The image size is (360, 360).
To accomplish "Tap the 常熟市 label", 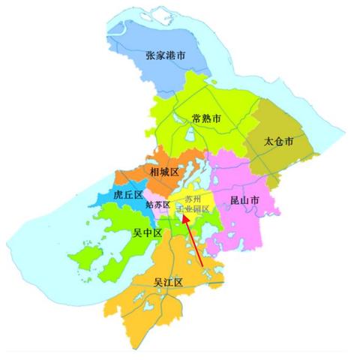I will pos(206,118).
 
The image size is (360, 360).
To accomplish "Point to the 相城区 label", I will pos(163,172).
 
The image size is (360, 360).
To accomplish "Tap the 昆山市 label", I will pos(244,200).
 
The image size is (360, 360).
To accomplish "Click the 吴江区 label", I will pos(169,282).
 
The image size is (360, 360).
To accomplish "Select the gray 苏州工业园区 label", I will pos(193,205).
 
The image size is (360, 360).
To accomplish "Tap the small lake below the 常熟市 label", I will pos(190,137).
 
